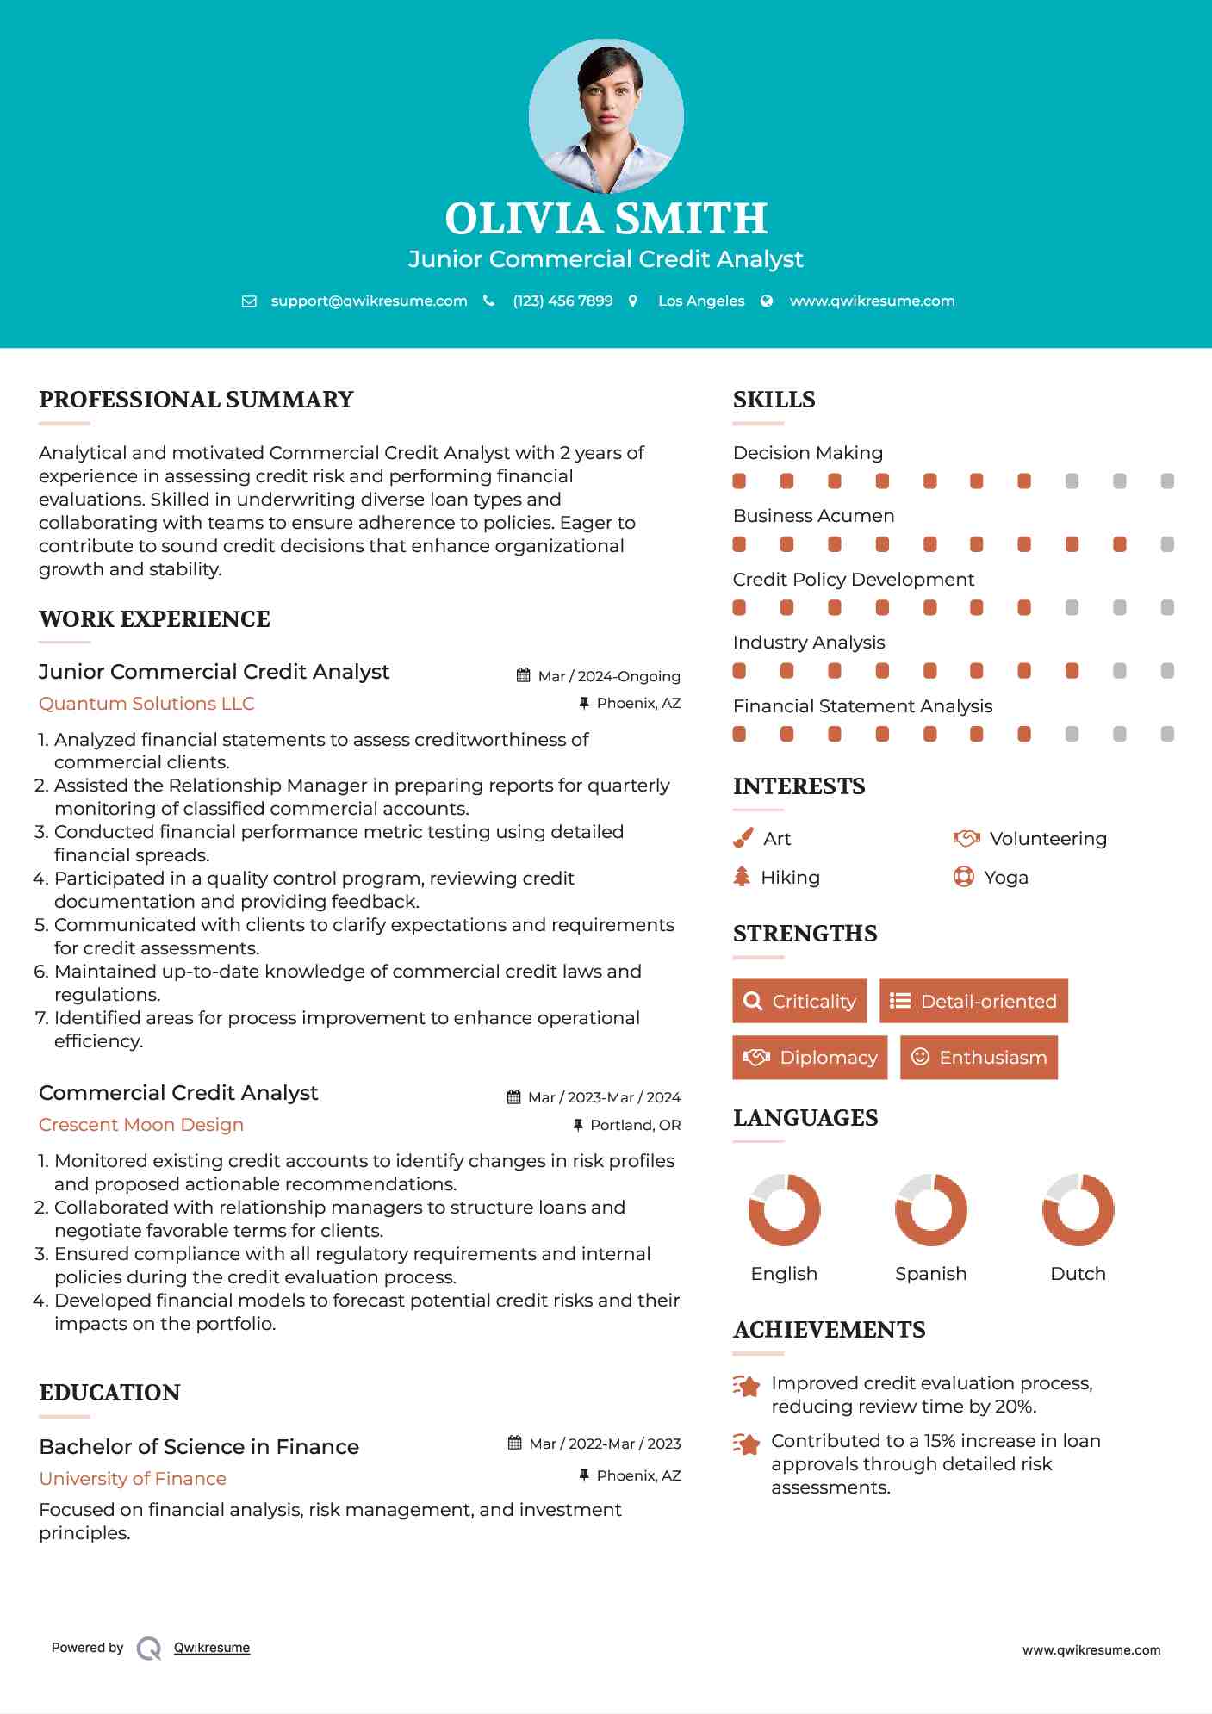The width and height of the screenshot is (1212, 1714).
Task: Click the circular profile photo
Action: tap(606, 115)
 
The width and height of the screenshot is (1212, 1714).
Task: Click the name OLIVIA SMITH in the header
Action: tap(606, 219)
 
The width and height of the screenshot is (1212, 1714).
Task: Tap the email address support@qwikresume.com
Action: tap(369, 301)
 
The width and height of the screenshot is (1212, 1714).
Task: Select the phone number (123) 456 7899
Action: tap(562, 301)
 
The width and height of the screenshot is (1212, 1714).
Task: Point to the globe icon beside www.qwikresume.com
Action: tap(767, 301)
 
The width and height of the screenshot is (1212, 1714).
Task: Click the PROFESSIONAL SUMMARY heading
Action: tap(196, 400)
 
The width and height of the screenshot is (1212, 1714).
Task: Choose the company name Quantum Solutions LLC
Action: tap(146, 704)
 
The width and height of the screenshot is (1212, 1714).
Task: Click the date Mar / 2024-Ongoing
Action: tap(608, 676)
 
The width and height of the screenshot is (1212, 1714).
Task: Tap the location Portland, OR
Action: tap(635, 1125)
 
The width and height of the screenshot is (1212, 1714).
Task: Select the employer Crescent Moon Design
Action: tap(141, 1125)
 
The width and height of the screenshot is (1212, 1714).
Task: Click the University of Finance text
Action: tap(133, 1479)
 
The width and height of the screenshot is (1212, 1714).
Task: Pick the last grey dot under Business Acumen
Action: tap(1167, 544)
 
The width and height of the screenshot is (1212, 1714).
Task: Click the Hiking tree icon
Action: tap(742, 877)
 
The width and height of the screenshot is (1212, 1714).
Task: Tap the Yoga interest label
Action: tap(1006, 878)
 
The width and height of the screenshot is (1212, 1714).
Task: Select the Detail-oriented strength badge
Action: tap(973, 1001)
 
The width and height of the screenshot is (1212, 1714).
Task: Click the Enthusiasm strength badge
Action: tap(979, 1057)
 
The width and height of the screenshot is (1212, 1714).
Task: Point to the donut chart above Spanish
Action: tap(930, 1209)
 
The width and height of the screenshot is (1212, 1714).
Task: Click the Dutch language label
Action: tap(1078, 1274)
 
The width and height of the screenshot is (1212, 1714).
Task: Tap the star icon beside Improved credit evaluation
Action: tap(747, 1386)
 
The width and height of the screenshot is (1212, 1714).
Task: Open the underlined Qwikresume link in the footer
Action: tap(212, 1648)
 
